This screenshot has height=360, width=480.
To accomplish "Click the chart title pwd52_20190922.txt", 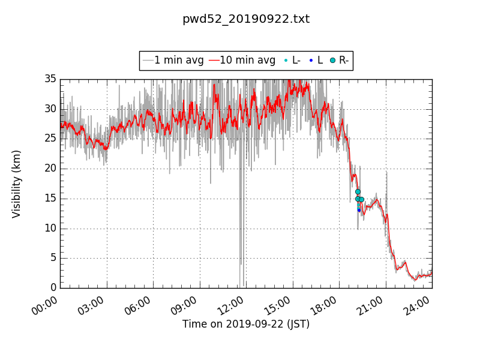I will [x=246, y=19].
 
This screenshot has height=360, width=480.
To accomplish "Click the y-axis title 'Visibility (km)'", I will [x=17, y=184].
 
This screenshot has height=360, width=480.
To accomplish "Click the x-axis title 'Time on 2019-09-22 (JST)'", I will [x=246, y=324].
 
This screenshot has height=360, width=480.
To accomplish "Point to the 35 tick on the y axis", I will [x=50, y=79].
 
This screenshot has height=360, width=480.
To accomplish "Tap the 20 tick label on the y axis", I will [x=50, y=169].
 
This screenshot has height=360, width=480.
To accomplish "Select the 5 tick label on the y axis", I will [x=53, y=258].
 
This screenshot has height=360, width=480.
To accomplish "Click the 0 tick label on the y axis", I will [x=53, y=288].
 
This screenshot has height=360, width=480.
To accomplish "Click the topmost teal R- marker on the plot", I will [x=358, y=191].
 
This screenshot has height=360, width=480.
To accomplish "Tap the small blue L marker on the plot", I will [x=359, y=210].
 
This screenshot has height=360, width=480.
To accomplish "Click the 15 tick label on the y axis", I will [x=50, y=199].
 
